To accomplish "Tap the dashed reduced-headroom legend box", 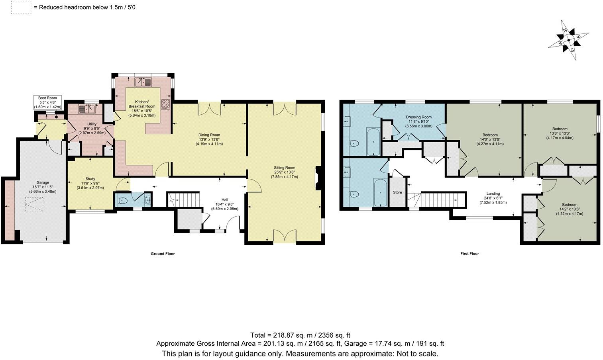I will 21,8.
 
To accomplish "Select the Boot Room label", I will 47,98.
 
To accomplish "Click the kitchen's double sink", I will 143,82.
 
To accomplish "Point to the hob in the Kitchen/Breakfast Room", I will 166,104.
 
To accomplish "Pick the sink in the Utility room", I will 86,108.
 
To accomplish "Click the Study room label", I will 90,179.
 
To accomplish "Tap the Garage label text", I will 43,182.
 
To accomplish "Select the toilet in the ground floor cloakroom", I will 123,200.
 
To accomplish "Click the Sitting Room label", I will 284,168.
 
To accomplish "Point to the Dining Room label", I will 209,135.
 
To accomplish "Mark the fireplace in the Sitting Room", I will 317,178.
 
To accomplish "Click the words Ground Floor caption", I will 163,254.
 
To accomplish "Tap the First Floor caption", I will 469,254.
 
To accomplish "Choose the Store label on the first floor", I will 397,192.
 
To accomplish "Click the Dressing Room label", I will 418,117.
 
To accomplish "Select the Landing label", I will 493,194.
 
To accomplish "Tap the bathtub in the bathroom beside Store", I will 380,192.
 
